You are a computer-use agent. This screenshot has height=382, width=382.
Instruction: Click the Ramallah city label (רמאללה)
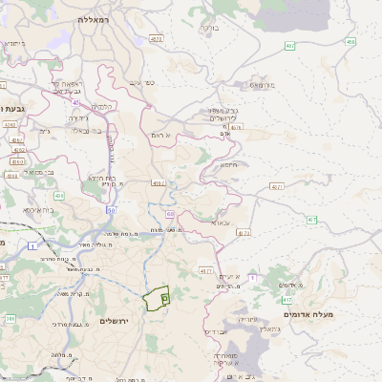tap(98, 17)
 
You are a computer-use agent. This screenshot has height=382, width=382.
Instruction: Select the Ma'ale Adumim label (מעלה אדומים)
tap(308, 313)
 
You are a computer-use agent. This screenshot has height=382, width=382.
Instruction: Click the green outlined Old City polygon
tap(157, 299)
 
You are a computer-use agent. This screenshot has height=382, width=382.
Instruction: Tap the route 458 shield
tap(350, 42)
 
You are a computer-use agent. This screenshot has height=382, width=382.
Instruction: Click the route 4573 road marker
tap(156, 39)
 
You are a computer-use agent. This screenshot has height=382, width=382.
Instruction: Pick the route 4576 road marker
tap(236, 126)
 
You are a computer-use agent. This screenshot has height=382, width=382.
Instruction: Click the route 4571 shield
tap(277, 186)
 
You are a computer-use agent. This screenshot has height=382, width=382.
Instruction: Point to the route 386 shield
tap(11, 318)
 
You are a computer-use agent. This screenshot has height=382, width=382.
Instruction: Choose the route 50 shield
tap(112, 209)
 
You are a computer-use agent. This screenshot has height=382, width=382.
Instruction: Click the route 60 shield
tap(170, 214)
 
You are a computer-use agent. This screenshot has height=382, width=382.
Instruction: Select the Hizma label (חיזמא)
tap(229, 163)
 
